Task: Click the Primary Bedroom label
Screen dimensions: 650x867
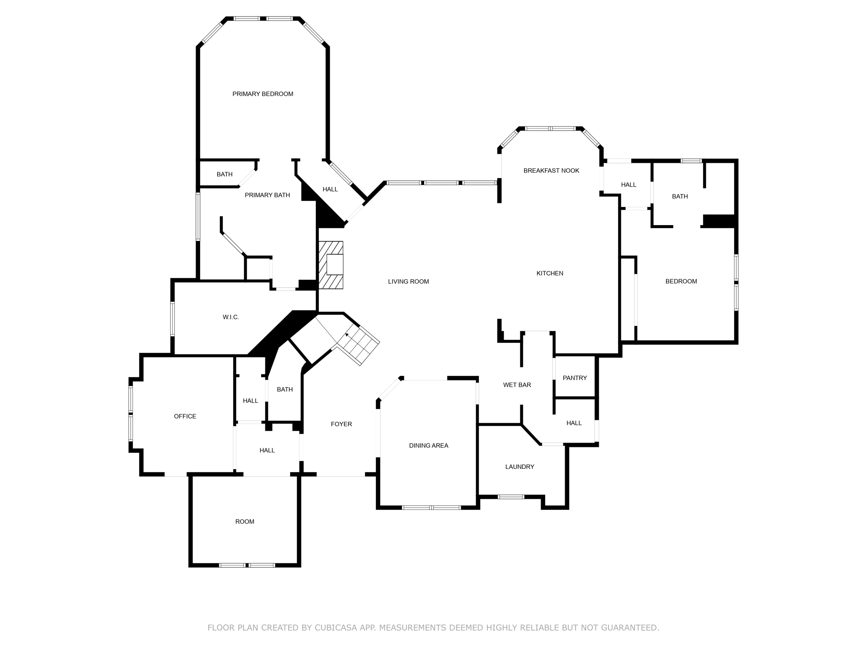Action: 262,94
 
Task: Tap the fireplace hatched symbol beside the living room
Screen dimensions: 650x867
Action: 331,265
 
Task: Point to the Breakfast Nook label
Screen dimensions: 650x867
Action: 551,171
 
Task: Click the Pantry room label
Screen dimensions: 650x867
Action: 574,378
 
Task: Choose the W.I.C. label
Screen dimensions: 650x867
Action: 231,317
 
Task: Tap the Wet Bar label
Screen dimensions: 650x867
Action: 517,385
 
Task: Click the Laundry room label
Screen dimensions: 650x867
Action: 519,467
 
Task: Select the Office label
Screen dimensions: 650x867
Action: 185,416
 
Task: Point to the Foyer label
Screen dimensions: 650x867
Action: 341,424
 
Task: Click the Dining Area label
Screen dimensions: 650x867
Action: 428,445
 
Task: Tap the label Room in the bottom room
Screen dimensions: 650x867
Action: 245,522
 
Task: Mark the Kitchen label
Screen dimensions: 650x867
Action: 549,273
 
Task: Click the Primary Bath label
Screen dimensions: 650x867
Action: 267,195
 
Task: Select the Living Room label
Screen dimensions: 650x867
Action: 408,281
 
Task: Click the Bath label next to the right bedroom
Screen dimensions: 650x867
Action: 679,196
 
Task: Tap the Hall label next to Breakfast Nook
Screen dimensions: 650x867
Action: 628,185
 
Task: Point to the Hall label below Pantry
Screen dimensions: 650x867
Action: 574,423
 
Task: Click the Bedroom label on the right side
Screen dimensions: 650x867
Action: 681,281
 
